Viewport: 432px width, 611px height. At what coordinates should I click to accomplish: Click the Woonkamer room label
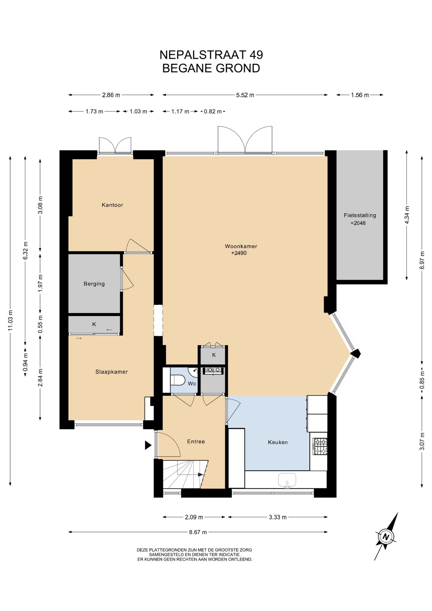[241, 246]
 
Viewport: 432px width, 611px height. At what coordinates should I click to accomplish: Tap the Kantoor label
[112, 205]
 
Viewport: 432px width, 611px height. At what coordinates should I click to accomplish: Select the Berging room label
[94, 284]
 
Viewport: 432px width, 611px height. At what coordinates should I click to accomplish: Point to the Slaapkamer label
[112, 372]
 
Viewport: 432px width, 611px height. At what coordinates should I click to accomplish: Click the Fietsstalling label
[360, 215]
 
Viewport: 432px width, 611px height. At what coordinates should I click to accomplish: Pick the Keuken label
[278, 442]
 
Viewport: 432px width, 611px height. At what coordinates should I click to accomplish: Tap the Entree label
[196, 441]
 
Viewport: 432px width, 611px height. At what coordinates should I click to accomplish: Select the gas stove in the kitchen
[320, 446]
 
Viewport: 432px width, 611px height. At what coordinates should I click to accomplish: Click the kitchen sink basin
[287, 480]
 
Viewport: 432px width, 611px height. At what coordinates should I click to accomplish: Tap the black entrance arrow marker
[148, 445]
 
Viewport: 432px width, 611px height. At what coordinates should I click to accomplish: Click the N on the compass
[386, 537]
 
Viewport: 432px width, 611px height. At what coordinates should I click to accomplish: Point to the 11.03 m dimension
[10, 321]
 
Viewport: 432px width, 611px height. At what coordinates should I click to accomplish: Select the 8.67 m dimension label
[198, 532]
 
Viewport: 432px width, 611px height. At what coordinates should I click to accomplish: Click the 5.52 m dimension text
[245, 95]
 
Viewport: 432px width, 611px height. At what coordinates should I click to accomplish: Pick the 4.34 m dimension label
[407, 215]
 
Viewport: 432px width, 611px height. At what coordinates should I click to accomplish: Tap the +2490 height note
[239, 253]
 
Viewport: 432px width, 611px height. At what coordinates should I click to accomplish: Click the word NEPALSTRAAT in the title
[203, 55]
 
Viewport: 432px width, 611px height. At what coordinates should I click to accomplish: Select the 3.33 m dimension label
[278, 517]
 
